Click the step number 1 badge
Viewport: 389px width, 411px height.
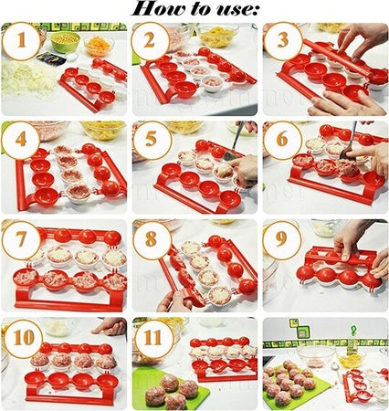click(21, 41)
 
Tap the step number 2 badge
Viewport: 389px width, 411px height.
click(151, 41)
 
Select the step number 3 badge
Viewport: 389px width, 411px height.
click(283, 41)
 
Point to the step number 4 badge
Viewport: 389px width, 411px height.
click(21, 140)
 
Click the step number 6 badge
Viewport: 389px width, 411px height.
click(283, 140)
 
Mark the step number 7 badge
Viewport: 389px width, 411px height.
click(21, 240)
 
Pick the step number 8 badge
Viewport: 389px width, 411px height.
click(152, 240)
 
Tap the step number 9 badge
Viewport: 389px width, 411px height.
click(282, 240)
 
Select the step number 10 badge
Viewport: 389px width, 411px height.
click(23, 338)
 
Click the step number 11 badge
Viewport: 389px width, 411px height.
click(153, 338)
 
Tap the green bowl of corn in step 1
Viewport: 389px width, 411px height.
click(65, 42)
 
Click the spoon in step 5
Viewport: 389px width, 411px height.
click(234, 143)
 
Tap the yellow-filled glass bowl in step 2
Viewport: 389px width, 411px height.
click(218, 35)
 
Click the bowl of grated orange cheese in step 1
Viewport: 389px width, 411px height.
click(100, 46)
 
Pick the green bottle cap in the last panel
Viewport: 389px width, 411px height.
click(353, 330)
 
